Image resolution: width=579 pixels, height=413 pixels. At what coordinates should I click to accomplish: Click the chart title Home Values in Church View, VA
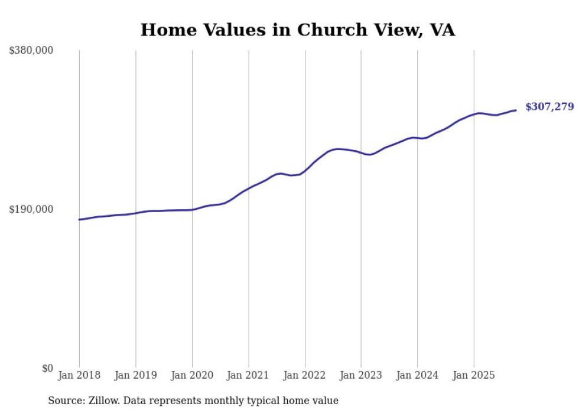tap(298, 30)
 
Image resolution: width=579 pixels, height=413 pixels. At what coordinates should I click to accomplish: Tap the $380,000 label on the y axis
tap(31, 51)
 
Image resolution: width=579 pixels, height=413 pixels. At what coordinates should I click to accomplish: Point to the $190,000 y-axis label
tap(31, 209)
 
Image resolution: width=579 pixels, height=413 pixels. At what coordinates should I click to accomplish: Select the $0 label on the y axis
tap(47, 368)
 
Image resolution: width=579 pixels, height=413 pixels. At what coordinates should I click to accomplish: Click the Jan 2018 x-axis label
tap(79, 375)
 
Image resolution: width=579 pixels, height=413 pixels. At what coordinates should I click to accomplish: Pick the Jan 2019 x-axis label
tap(136, 375)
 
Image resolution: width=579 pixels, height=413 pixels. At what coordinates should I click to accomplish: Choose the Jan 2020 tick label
tap(192, 375)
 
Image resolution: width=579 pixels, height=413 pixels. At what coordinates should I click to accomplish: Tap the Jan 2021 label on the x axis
tap(249, 375)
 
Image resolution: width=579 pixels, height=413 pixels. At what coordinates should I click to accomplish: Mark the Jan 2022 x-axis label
tap(305, 375)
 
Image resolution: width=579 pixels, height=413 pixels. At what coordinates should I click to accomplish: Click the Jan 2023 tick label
tap(361, 375)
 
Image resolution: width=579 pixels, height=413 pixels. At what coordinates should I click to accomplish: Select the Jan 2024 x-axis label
tap(418, 375)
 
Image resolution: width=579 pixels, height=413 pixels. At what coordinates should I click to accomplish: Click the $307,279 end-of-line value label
tap(549, 107)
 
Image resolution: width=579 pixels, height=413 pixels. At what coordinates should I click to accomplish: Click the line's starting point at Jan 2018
tap(79, 219)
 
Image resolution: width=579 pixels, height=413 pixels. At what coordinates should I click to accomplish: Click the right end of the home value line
tap(516, 110)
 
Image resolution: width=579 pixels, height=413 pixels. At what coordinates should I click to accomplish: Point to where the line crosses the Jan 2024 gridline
tap(418, 138)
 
